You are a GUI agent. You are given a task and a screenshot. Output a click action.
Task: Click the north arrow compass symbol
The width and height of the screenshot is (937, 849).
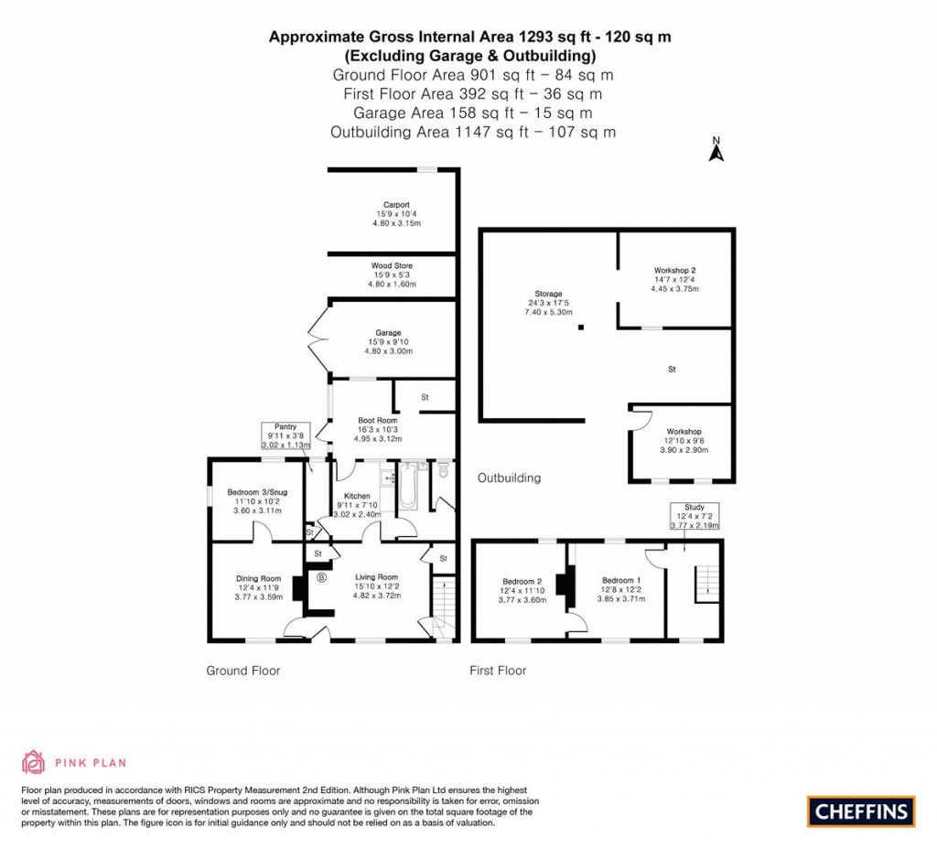[717, 150]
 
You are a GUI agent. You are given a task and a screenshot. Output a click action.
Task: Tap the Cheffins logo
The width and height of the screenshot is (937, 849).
[861, 811]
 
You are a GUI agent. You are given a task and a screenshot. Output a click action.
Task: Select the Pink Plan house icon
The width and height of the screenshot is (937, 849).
[33, 761]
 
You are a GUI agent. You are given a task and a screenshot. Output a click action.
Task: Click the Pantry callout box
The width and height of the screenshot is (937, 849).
[288, 435]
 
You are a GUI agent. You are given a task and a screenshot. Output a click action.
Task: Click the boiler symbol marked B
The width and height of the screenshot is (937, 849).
[321, 577]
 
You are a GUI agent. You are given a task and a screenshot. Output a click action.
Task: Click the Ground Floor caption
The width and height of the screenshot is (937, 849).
[242, 671]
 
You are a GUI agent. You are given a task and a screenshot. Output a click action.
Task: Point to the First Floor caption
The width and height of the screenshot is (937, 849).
[498, 671]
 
